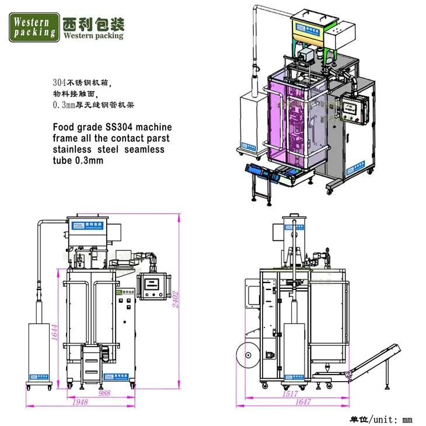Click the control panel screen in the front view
tap(154, 285)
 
